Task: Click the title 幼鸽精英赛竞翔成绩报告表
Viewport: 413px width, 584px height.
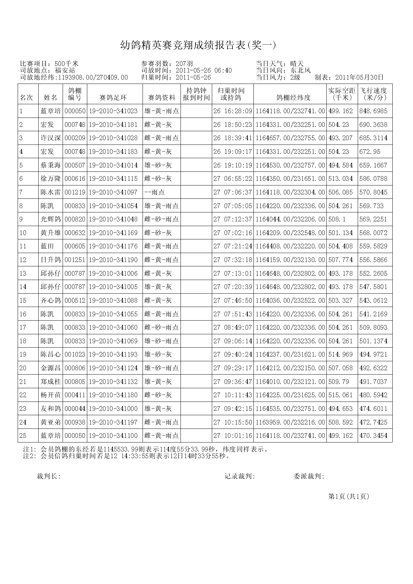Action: pyautogui.click(x=198, y=45)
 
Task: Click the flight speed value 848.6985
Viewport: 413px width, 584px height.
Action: pyautogui.click(x=373, y=111)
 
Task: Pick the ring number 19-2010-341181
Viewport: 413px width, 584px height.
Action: pyautogui.click(x=113, y=125)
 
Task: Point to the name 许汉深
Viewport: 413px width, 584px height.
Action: pyautogui.click(x=51, y=138)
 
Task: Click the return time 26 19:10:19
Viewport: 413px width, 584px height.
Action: pyautogui.click(x=233, y=165)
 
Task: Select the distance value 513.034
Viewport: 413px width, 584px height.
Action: pyautogui.click(x=340, y=179)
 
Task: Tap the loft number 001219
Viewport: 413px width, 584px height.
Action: pyautogui.click(x=75, y=192)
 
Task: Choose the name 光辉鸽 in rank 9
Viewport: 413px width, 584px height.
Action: pyautogui.click(x=51, y=219)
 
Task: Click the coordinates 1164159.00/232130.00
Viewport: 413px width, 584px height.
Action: pyautogui.click(x=290, y=260)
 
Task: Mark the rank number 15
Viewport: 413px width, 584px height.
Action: pyautogui.click(x=23, y=301)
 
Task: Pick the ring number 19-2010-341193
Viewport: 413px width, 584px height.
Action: pyautogui.click(x=113, y=355)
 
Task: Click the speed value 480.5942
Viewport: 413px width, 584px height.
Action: pyautogui.click(x=373, y=395)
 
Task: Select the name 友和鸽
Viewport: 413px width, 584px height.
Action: pyautogui.click(x=51, y=409)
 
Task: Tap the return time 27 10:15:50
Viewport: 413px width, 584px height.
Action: pyautogui.click(x=233, y=423)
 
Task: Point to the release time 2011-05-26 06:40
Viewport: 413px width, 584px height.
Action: pyautogui.click(x=204, y=71)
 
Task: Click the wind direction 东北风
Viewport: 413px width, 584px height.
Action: pyautogui.click(x=300, y=71)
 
